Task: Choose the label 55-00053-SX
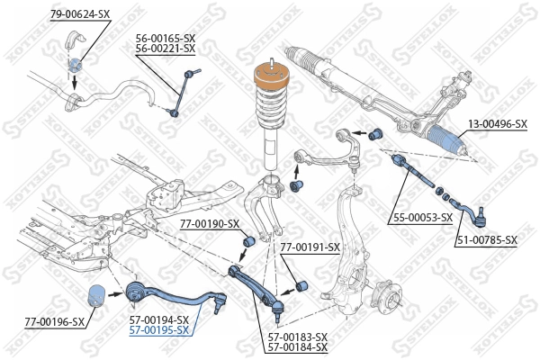pyautogui.click(x=421, y=217)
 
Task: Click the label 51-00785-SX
pyautogui.click(x=486, y=239)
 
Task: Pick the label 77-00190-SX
pyautogui.click(x=209, y=223)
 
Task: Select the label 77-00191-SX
pyautogui.click(x=310, y=247)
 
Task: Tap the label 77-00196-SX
pyautogui.click(x=55, y=320)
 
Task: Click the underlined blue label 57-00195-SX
pyautogui.click(x=158, y=330)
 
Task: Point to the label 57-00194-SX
pyautogui.click(x=158, y=319)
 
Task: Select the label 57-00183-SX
pyautogui.click(x=298, y=337)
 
